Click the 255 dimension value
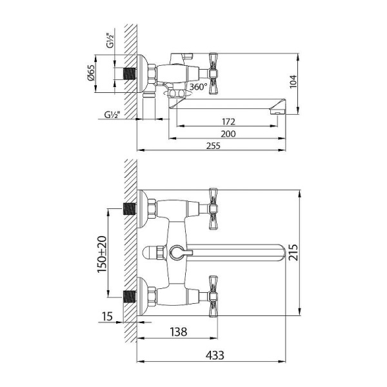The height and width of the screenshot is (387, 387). (x=213, y=146)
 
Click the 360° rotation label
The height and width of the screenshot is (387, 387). (x=198, y=86)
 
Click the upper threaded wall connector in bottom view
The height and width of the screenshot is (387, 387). (x=132, y=208)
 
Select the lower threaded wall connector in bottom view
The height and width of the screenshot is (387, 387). (x=132, y=297)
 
